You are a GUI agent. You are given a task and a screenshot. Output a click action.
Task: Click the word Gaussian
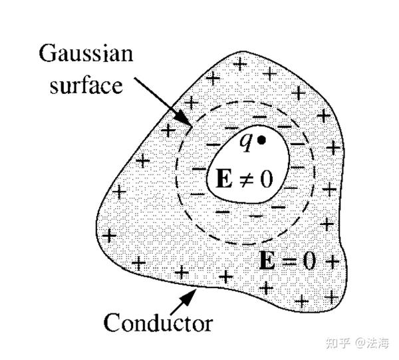(x=86, y=54)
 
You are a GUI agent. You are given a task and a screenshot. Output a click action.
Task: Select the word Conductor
(x=158, y=322)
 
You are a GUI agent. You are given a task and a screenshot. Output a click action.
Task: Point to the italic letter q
(x=245, y=143)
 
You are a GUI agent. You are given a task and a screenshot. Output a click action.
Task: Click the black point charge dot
(x=261, y=140)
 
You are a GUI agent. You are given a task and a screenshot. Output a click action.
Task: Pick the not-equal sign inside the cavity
(x=246, y=178)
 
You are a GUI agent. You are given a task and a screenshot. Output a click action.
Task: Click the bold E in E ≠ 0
(x=224, y=178)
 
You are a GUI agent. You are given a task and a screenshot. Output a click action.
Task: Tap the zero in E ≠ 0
(x=266, y=179)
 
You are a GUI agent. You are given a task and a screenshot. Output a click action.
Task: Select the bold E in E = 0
(x=267, y=260)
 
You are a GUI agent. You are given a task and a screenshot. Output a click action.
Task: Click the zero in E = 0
(x=309, y=260)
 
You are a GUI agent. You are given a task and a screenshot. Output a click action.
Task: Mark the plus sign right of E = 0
(x=332, y=262)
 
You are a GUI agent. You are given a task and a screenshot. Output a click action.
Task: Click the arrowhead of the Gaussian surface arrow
(x=184, y=118)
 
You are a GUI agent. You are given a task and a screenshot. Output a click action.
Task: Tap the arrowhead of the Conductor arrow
(x=190, y=296)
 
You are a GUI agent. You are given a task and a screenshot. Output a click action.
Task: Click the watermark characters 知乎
(x=337, y=343)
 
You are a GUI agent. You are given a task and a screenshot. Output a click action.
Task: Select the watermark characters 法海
(x=377, y=343)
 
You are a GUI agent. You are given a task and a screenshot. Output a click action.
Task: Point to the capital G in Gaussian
(x=48, y=53)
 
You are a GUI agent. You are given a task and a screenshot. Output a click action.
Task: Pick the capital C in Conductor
(x=112, y=322)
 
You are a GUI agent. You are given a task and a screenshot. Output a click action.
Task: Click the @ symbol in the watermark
(x=358, y=343)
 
